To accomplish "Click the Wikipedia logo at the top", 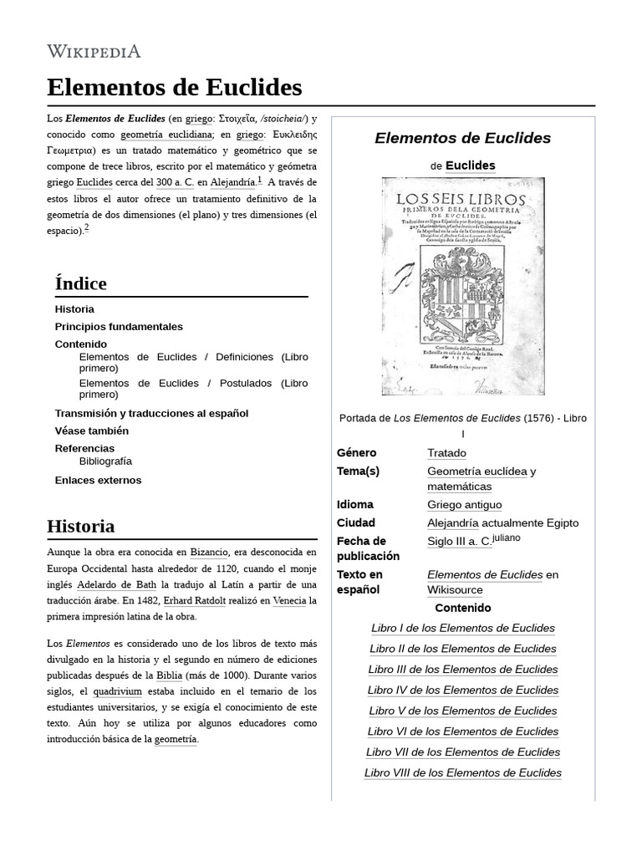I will coord(94,51).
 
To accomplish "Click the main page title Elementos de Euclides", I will coord(174,87).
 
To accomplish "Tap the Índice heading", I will coord(80,283).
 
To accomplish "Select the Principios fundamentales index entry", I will coord(118,326).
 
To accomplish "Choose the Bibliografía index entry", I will coord(105,461).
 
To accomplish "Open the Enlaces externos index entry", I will coord(98,480).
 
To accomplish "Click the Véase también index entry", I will coord(91,431).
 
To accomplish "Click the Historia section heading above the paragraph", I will coord(81,527).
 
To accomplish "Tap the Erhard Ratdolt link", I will coord(194,600).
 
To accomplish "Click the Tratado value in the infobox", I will coord(447,452).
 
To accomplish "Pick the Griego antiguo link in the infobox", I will coord(464,504).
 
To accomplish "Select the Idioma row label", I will coord(354,504).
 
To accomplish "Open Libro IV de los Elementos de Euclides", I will coord(463,690).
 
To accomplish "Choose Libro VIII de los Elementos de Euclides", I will coord(463,772).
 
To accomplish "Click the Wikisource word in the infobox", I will coord(456,590).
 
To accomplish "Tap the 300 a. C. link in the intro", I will coord(175,181).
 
